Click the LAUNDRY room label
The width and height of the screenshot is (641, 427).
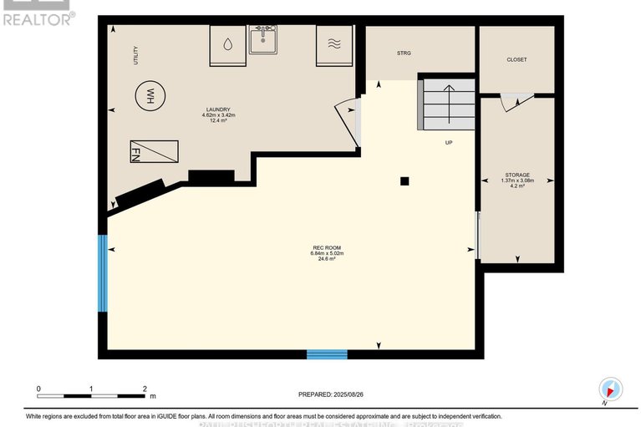point(218,114)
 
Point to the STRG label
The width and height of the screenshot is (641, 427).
point(404,53)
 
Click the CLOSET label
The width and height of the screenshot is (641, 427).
point(516,59)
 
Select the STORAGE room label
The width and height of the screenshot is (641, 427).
point(516,180)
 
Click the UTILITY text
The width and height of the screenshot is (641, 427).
point(135,55)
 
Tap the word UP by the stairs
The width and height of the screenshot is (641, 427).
point(448,143)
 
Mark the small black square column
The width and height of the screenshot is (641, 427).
point(404,180)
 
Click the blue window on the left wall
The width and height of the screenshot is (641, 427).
point(103,273)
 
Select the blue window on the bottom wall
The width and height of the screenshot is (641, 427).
point(326,354)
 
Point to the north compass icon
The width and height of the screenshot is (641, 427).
point(610,389)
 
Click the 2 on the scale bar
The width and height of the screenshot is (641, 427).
point(145,389)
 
